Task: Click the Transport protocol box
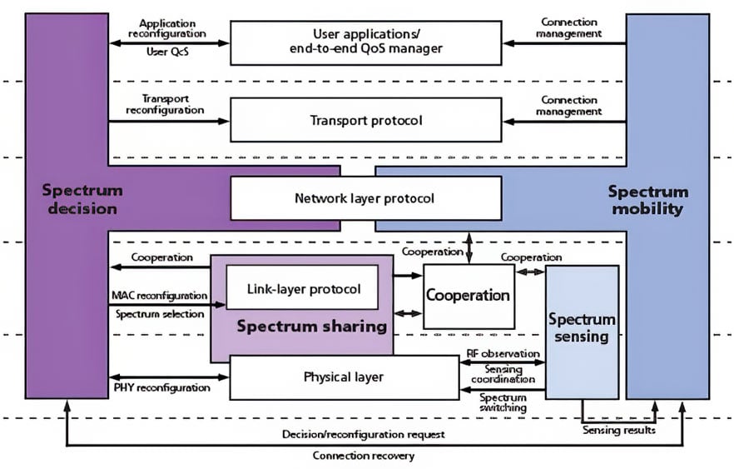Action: pyautogui.click(x=365, y=120)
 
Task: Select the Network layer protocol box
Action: pyautogui.click(x=365, y=198)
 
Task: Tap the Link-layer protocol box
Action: pyautogui.click(x=303, y=289)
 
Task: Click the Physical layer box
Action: pyautogui.click(x=344, y=377)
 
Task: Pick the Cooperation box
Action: pyautogui.click(x=468, y=296)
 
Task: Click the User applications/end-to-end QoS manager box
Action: pyautogui.click(x=365, y=42)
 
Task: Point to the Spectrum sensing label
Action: pyautogui.click(x=582, y=328)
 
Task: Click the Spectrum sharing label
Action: pyautogui.click(x=311, y=326)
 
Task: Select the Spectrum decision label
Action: pyautogui.click(x=80, y=199)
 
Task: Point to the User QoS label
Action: pyautogui.click(x=166, y=52)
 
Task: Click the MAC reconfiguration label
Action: pyautogui.click(x=159, y=296)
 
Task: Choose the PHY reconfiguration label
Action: pyautogui.click(x=161, y=388)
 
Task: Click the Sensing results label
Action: pyautogui.click(x=618, y=431)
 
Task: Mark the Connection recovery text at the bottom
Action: pyautogui.click(x=363, y=456)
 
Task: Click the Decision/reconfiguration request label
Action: pyautogui.click(x=363, y=434)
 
